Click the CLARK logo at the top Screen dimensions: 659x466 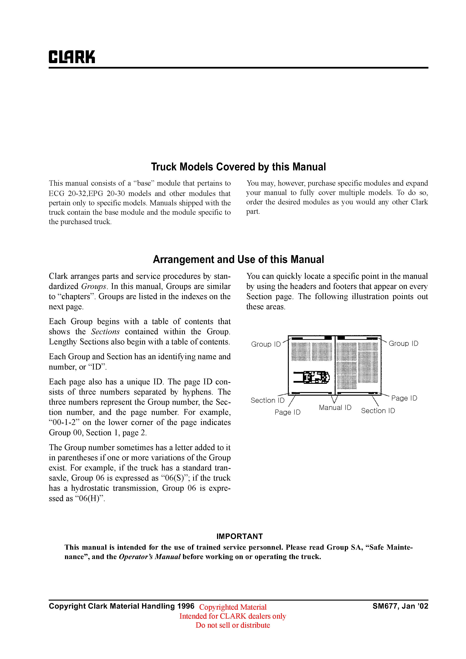pyautogui.click(x=72, y=57)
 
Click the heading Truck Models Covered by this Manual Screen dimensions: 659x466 pyautogui.click(x=238, y=167)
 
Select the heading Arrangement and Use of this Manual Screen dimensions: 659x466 pyautogui.click(x=238, y=259)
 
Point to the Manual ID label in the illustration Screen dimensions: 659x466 pyautogui.click(x=335, y=408)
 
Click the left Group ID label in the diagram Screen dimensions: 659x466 pyautogui.click(x=266, y=344)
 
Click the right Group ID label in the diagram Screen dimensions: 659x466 pyautogui.click(x=403, y=344)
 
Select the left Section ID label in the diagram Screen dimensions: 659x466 pyautogui.click(x=267, y=400)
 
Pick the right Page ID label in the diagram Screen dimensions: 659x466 pyautogui.click(x=404, y=398)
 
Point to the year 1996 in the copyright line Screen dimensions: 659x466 pyautogui.click(x=186, y=606)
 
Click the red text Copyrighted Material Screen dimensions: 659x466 pyautogui.click(x=233, y=607)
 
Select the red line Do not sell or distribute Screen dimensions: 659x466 pyautogui.click(x=233, y=625)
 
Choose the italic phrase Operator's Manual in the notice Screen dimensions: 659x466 pyautogui.click(x=150, y=557)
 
